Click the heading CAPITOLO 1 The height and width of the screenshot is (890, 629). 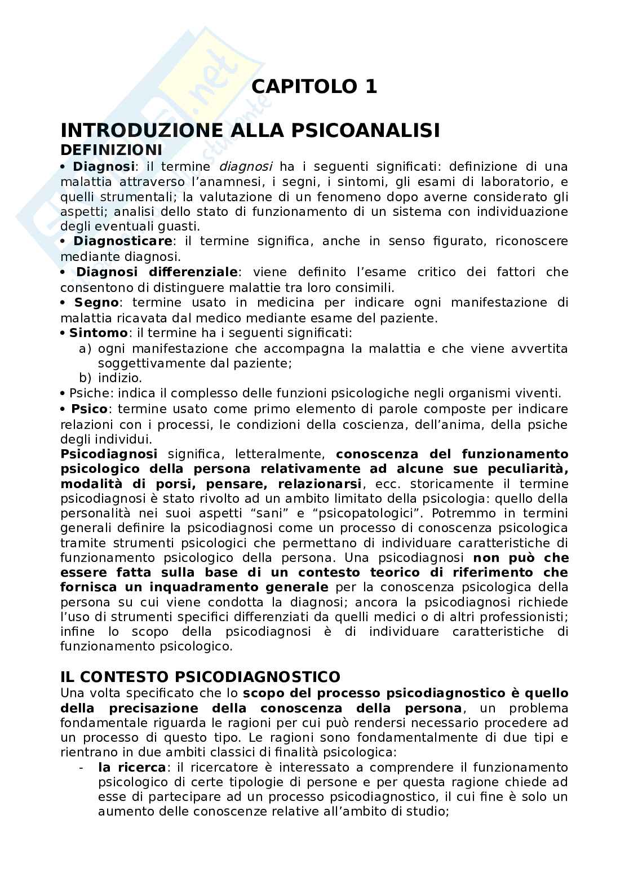pyautogui.click(x=314, y=87)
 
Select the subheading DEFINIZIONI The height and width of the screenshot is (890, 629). pyautogui.click(x=111, y=150)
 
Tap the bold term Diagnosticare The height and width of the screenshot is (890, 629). pyautogui.click(x=123, y=241)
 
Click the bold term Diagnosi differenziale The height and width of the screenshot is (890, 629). pyautogui.click(x=157, y=272)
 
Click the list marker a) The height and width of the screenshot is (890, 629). pyautogui.click(x=86, y=348)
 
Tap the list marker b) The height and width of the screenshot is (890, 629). pyautogui.click(x=86, y=378)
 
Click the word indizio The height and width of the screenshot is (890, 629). pyautogui.click(x=119, y=378)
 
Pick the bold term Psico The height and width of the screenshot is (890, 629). pyautogui.click(x=89, y=409)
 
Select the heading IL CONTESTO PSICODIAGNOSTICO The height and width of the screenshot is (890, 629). pyautogui.click(x=200, y=676)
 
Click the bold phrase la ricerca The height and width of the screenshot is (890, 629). pyautogui.click(x=132, y=767)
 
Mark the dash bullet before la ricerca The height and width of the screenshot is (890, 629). pyautogui.click(x=83, y=767)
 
